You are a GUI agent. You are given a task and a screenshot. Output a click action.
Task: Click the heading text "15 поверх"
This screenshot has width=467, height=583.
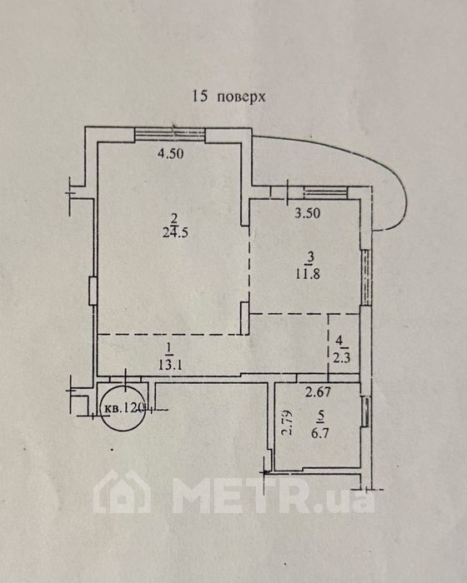pos(228,97)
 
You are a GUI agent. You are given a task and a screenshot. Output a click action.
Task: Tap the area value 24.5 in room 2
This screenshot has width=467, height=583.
pos(175,233)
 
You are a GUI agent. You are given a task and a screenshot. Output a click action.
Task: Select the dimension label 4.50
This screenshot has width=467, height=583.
pos(171,153)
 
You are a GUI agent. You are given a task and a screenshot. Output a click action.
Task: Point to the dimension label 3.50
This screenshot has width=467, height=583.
pos(307,213)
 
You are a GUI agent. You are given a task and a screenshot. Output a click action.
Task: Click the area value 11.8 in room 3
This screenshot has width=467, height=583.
pos(308,274)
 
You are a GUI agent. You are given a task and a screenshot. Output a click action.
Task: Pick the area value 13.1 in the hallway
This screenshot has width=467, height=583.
pos(170,365)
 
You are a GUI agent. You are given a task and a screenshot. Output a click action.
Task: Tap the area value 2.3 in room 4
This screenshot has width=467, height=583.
pos(342,359)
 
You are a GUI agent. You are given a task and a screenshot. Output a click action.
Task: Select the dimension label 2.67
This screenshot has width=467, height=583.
pos(318,392)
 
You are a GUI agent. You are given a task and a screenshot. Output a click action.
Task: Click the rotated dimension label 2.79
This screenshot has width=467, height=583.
pos(287,422)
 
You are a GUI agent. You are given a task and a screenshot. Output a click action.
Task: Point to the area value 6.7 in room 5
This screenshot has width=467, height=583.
pos(320,433)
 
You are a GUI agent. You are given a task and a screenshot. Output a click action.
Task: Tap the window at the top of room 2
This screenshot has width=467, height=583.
pos(170,134)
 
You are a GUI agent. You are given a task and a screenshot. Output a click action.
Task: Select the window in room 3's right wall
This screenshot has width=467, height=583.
pos(367,277)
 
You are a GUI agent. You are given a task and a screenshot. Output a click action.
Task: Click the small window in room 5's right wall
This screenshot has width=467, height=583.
pos(366,411)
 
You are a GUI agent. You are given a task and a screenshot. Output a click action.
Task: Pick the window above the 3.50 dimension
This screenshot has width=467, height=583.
pos(326,192)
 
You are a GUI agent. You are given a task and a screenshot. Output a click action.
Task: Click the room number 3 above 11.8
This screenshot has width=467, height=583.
pos(311,257)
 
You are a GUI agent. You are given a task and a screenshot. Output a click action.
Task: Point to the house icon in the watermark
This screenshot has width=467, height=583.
pos(122,492)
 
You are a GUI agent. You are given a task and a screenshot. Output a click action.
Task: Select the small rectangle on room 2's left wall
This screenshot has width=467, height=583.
pos(93,291)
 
